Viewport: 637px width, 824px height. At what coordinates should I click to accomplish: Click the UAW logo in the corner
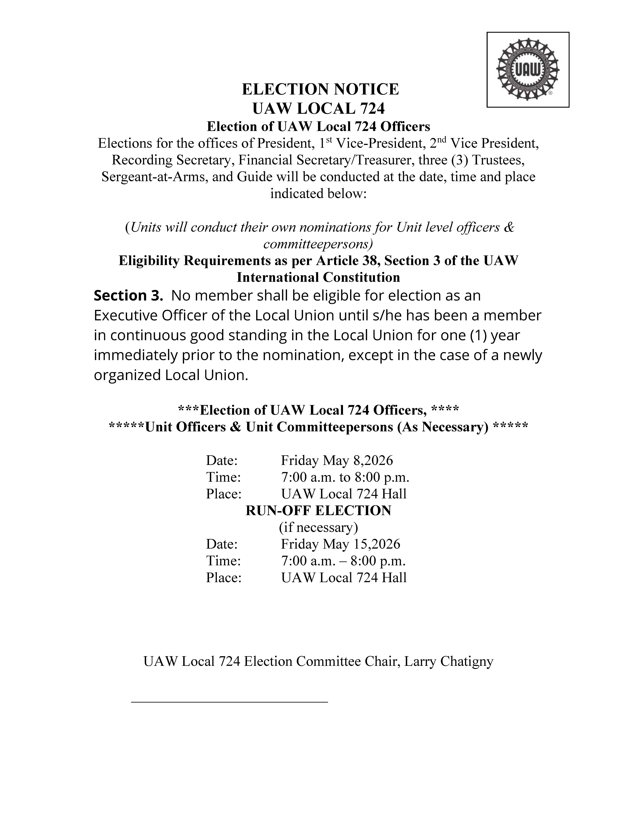(x=528, y=70)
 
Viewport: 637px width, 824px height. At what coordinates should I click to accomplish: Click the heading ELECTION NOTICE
(x=320, y=89)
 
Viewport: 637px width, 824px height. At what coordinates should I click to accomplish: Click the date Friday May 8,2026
(x=337, y=460)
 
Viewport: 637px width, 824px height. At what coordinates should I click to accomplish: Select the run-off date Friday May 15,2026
(x=340, y=544)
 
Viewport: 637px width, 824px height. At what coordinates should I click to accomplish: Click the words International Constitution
(x=318, y=277)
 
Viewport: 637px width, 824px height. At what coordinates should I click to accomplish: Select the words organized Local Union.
(x=171, y=375)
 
